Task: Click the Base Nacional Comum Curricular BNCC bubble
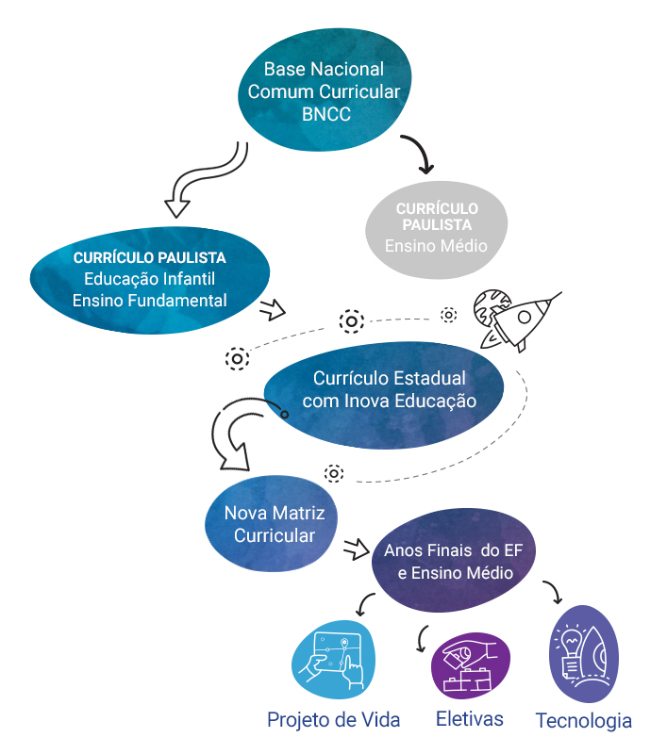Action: coord(324,91)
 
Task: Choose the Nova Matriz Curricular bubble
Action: coord(274,524)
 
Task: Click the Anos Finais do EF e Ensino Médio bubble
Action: coord(448,563)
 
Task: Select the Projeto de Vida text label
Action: coord(333,720)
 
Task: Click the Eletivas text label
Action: coord(469,719)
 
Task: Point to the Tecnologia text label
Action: coord(583,721)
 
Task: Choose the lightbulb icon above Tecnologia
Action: coord(582,654)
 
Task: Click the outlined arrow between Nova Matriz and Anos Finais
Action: coord(355,548)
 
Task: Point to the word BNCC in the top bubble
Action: coord(324,115)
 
